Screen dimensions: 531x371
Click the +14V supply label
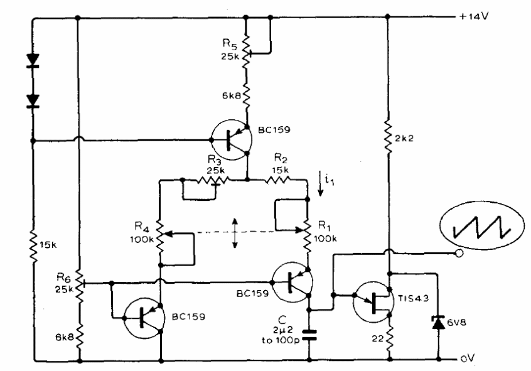coord(473,16)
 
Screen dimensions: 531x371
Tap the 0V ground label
coord(468,358)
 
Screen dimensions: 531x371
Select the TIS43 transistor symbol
coord(373,302)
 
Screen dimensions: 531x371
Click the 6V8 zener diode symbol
coord(439,322)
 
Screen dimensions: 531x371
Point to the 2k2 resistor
coord(388,138)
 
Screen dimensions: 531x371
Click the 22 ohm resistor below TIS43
coord(389,337)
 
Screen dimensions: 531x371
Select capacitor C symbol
coord(309,335)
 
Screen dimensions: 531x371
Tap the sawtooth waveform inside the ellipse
coord(481,227)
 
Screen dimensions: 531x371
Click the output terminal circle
coord(459,253)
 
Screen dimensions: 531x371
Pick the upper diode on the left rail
coord(33,60)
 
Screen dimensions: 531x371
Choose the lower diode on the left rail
coord(33,101)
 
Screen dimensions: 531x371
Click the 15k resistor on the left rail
coord(33,245)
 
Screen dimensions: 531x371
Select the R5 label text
coord(230,44)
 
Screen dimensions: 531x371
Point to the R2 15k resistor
coord(277,180)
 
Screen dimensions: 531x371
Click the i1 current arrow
coord(320,184)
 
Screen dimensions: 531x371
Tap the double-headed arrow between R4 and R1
coord(235,233)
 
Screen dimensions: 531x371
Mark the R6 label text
coord(63,278)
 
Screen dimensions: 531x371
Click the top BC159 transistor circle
coord(232,139)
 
